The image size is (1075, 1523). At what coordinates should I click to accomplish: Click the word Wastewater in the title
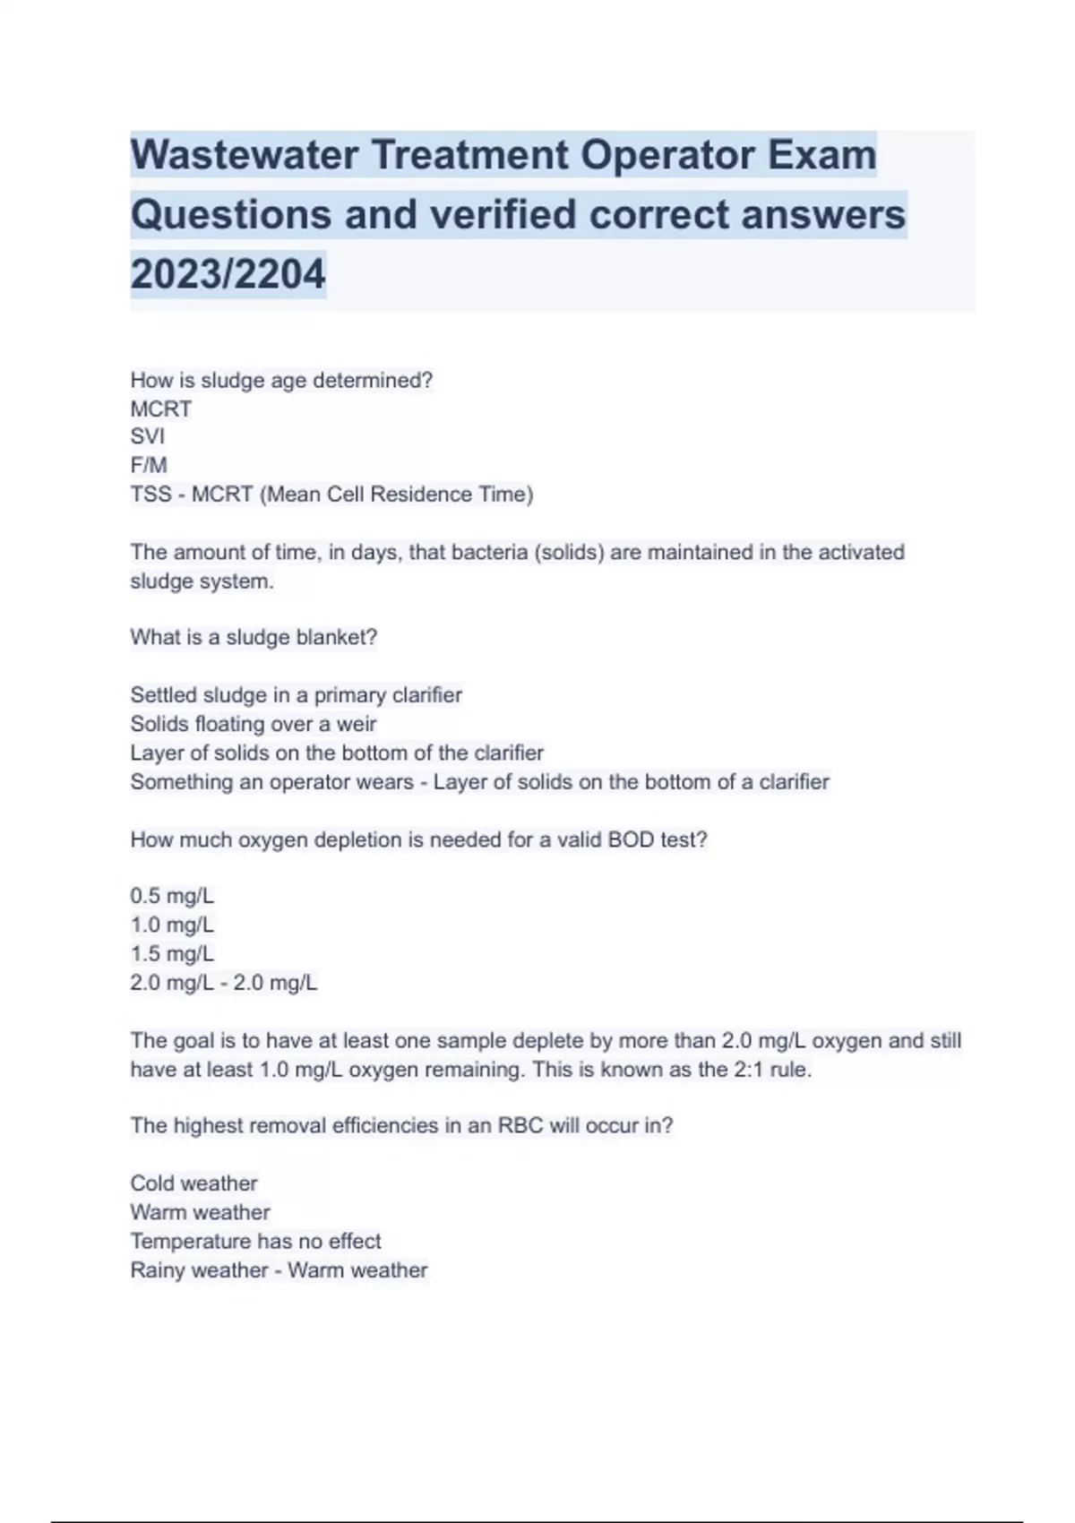tap(243, 155)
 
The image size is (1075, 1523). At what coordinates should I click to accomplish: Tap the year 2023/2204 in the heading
tap(228, 274)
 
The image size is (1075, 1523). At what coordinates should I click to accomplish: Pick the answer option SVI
tap(147, 436)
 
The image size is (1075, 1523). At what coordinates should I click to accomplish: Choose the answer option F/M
tap(149, 465)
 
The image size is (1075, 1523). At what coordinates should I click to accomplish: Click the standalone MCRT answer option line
tap(160, 409)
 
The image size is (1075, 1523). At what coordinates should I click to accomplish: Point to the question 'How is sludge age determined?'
tap(281, 380)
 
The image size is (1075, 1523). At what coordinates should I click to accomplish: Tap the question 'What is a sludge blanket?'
tap(254, 637)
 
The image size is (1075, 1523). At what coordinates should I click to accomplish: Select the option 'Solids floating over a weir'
tap(254, 724)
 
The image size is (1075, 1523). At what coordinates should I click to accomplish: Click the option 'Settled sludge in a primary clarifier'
tap(296, 695)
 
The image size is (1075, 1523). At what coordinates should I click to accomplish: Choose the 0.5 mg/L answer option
tap(172, 896)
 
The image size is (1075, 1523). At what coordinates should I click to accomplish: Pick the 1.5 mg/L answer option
tap(172, 954)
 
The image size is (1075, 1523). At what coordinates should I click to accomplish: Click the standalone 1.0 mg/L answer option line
tap(172, 925)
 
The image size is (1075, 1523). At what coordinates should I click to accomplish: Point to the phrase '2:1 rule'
tap(771, 1070)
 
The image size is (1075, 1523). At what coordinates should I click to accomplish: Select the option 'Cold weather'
tap(193, 1183)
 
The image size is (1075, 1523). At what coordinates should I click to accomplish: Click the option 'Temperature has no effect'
tap(255, 1241)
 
